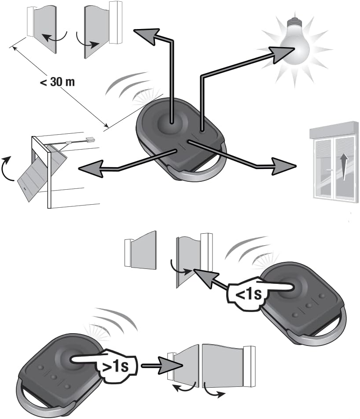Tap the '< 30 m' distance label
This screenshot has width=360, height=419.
point(57,82)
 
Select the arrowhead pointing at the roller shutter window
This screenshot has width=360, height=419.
point(284,166)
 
